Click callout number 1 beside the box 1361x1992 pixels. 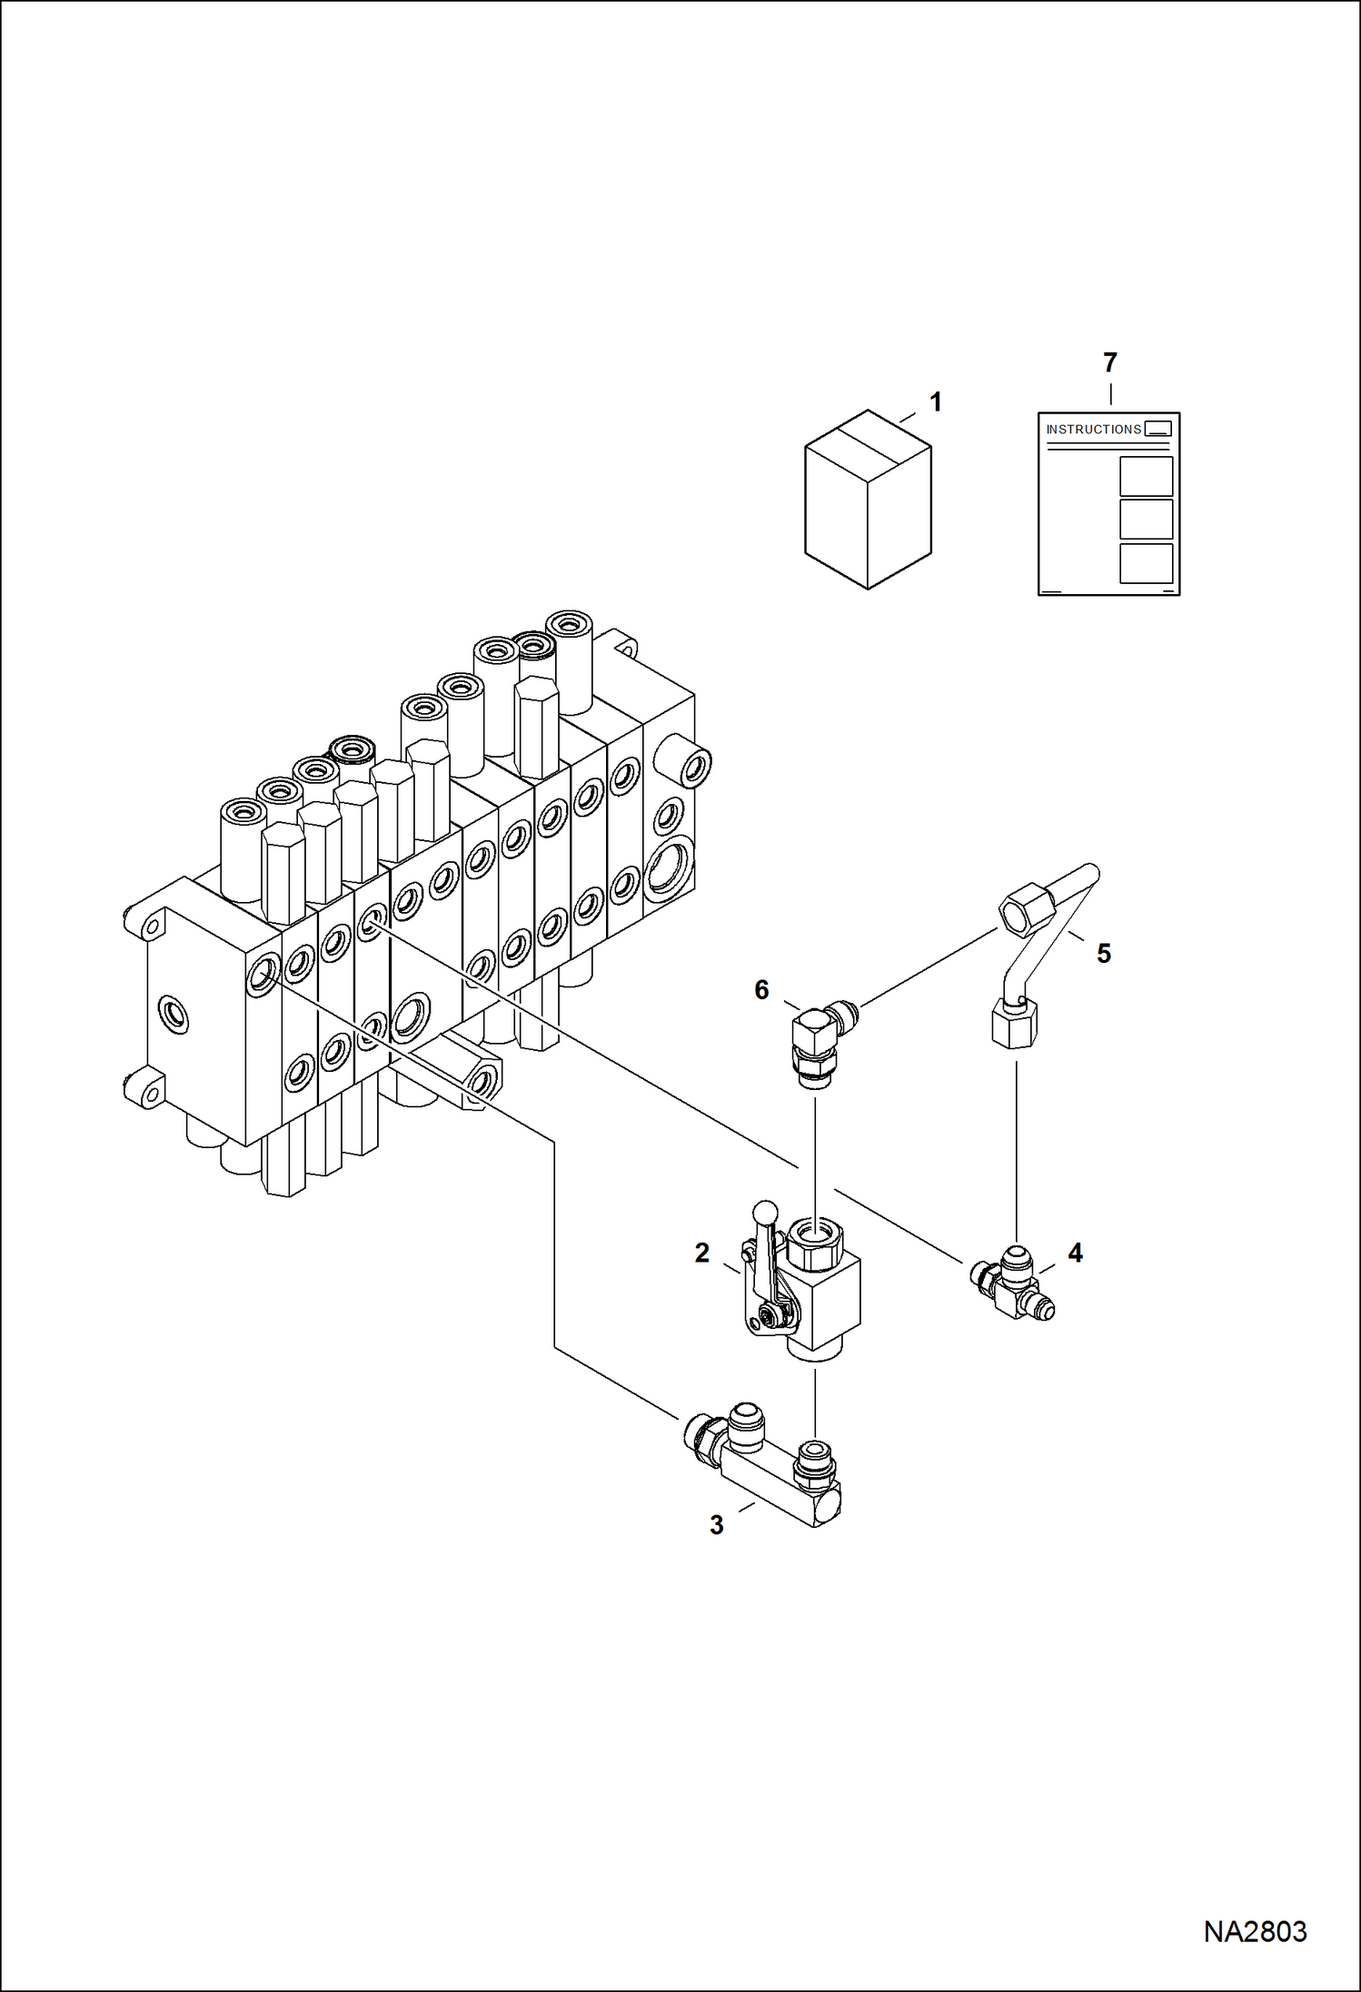pyautogui.click(x=936, y=402)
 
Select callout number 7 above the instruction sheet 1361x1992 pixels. pyautogui.click(x=1109, y=363)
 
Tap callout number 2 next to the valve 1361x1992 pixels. pyautogui.click(x=701, y=1254)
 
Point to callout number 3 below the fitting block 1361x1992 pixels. pyautogui.click(x=716, y=1525)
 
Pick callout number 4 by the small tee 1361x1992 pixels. pyautogui.click(x=1075, y=1254)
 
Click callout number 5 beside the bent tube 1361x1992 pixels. pyautogui.click(x=1103, y=954)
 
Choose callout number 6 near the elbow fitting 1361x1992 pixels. pyautogui.click(x=761, y=990)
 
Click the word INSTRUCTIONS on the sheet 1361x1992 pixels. pyautogui.click(x=1093, y=430)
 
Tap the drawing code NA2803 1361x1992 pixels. pyautogui.click(x=1255, y=1931)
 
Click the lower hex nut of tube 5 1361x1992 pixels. pyautogui.click(x=1013, y=1024)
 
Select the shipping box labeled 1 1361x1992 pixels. pyautogui.click(x=868, y=500)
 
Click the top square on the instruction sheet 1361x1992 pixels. pyautogui.click(x=1146, y=477)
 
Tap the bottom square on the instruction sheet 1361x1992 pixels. pyautogui.click(x=1146, y=563)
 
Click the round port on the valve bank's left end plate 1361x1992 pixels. pyautogui.click(x=173, y=1014)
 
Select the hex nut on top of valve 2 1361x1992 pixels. pyautogui.click(x=814, y=1244)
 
